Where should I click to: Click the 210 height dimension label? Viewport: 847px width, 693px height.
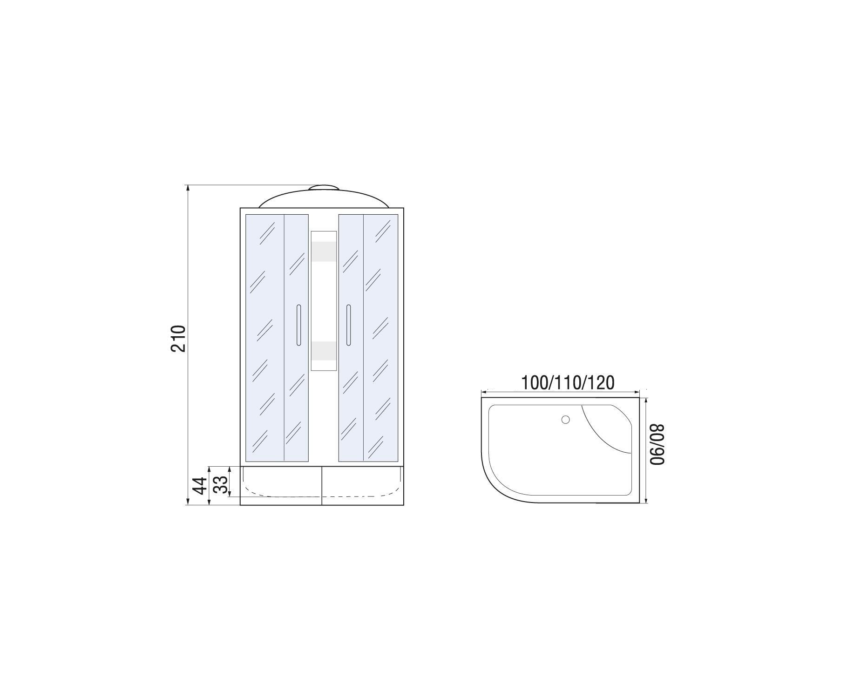click(179, 339)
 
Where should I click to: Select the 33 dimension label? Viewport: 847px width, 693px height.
click(223, 484)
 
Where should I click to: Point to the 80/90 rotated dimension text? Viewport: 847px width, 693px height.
click(657, 444)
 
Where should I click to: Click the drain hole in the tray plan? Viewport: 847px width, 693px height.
click(566, 420)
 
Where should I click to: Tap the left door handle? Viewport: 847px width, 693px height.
click(298, 325)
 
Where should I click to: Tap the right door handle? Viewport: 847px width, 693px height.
click(348, 325)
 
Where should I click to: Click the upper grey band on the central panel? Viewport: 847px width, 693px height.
click(324, 251)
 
